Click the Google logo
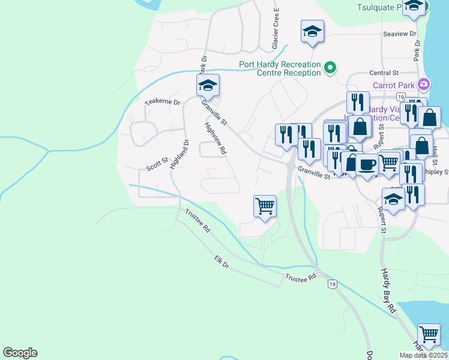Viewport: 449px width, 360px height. pyautogui.click(x=20, y=353)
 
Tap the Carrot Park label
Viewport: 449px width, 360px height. pyautogui.click(x=393, y=85)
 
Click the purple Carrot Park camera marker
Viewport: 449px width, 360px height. pyautogui.click(x=425, y=85)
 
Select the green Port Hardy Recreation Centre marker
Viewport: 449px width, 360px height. pyautogui.click(x=330, y=68)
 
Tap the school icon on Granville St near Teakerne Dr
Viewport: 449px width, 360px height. pyautogui.click(x=208, y=86)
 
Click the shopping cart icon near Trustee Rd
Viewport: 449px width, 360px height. pyautogui.click(x=265, y=206)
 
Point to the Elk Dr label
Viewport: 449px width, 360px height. pyautogui.click(x=221, y=262)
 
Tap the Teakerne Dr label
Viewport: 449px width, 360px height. pyautogui.click(x=163, y=102)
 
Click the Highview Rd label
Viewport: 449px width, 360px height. pyautogui.click(x=215, y=139)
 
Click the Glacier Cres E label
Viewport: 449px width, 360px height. pyautogui.click(x=276, y=29)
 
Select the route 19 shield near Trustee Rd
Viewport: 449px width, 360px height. pyautogui.click(x=332, y=284)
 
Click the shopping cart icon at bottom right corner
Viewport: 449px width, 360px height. pyautogui.click(x=429, y=334)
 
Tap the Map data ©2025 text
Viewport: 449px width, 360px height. pyautogui.click(x=423, y=355)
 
